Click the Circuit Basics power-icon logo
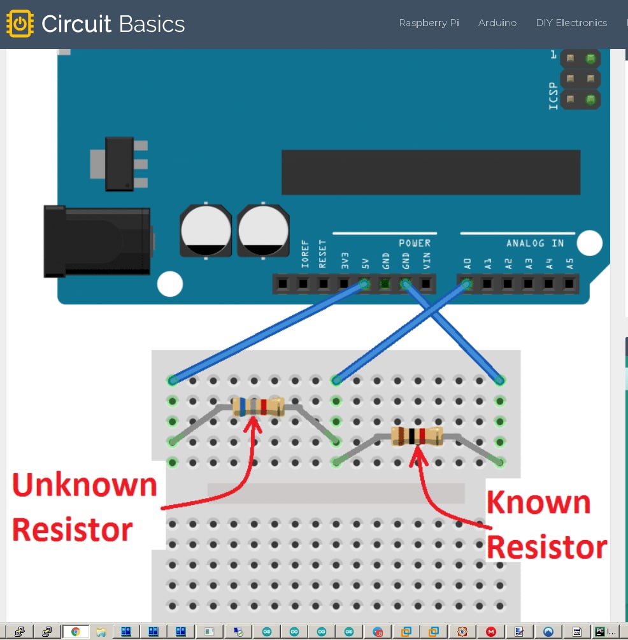pos(20,24)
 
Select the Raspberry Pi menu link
pos(429,23)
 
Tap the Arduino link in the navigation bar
pos(497,23)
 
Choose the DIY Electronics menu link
pos(571,23)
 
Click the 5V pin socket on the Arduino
pos(364,283)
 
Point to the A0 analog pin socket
pos(467,283)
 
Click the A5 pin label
pos(569,264)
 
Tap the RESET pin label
pos(322,254)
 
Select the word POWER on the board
pos(415,243)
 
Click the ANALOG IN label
pos(535,243)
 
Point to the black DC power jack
pos(97,241)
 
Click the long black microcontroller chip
pos(431,172)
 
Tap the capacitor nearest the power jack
pos(206,230)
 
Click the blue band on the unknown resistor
pos(243,407)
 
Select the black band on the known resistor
pos(411,436)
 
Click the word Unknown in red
pos(85,485)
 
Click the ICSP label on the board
pos(553,96)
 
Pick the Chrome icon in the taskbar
pos(76,632)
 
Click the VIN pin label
pos(426,260)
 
